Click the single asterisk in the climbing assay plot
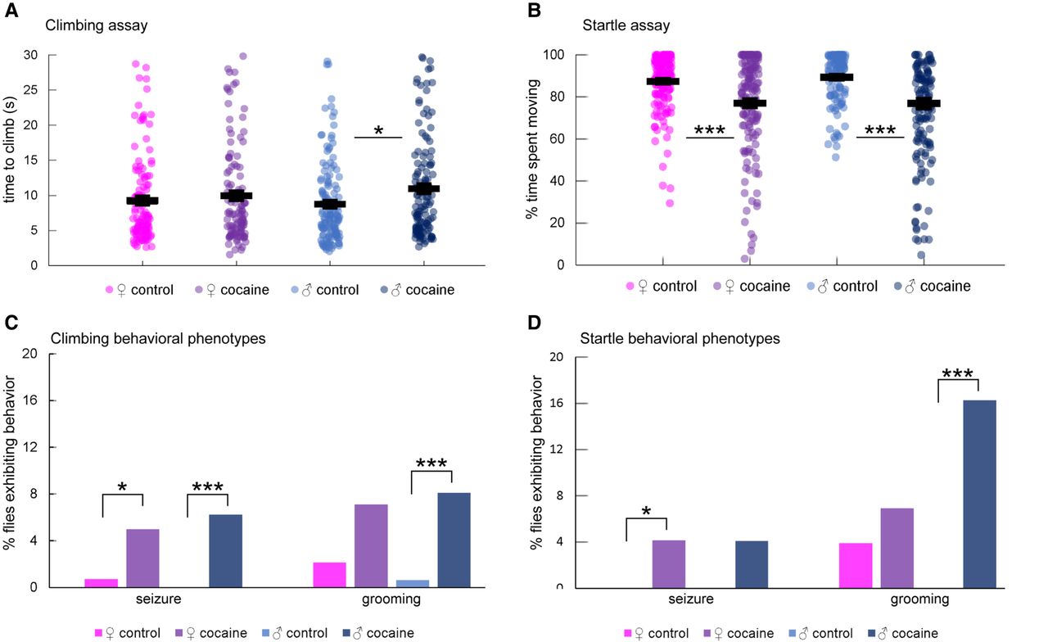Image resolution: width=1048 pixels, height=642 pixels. point(378,131)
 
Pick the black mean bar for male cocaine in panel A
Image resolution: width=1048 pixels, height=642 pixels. point(424,188)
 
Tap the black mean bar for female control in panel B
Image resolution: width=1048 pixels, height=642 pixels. point(662,81)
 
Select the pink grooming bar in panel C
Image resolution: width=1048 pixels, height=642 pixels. point(329,574)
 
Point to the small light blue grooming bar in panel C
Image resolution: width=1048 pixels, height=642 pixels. point(413,583)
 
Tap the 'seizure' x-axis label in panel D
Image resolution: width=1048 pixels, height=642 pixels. point(691,599)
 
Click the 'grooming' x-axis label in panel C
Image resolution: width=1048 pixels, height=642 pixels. point(391,599)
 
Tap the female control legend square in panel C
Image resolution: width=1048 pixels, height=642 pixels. point(100,633)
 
